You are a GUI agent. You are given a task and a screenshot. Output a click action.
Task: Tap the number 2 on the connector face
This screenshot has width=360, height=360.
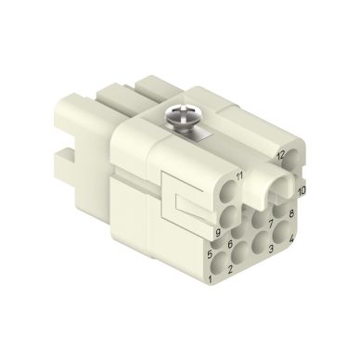coord(229,268)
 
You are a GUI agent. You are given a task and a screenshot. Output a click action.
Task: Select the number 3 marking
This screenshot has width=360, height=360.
coord(271,250)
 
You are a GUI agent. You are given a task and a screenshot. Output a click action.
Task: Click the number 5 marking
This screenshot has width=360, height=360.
coord(211,252)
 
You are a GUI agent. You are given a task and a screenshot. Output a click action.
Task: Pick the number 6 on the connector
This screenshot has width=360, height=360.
coord(228,244)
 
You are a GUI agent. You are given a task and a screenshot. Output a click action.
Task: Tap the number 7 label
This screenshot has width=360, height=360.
coord(271,224)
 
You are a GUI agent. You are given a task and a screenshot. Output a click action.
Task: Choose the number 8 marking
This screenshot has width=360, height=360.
coord(291,214)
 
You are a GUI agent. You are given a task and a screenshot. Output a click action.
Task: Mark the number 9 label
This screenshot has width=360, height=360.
coord(217,232)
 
